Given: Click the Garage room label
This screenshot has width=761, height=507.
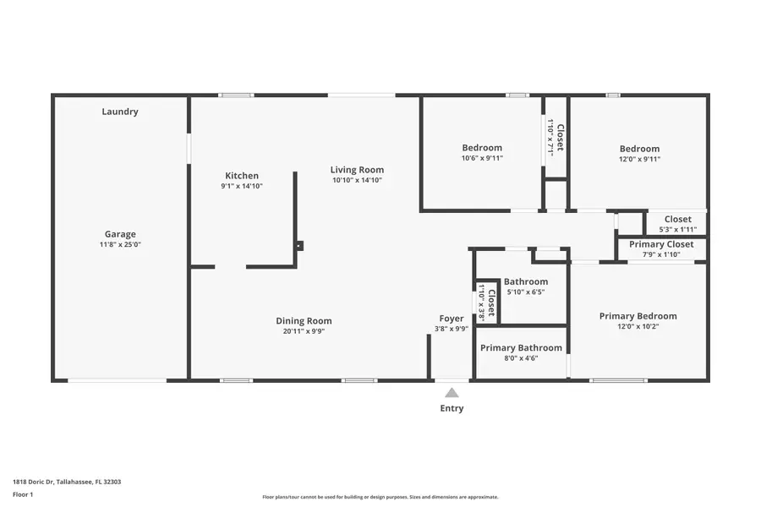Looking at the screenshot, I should [x=120, y=234].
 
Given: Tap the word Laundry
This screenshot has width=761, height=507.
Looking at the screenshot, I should [x=120, y=112].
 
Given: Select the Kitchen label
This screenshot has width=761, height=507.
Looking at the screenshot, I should [x=241, y=176].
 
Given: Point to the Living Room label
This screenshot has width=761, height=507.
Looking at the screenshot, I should [x=357, y=170].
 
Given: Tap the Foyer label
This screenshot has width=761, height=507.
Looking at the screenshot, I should [x=452, y=319].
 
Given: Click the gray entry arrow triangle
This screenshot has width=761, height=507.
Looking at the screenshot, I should [x=452, y=392].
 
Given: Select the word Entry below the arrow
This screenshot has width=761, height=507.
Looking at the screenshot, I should [x=452, y=409].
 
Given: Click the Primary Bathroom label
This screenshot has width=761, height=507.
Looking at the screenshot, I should [x=521, y=347].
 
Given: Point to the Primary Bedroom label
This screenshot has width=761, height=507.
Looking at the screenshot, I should [x=638, y=316].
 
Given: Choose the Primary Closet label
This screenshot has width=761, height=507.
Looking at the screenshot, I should [x=661, y=244].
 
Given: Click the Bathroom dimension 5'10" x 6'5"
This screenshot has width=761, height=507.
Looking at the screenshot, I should [x=525, y=292].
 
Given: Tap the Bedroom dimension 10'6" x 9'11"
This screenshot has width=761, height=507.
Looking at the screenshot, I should [x=482, y=158].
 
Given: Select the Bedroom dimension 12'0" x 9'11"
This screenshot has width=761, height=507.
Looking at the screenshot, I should [x=639, y=159].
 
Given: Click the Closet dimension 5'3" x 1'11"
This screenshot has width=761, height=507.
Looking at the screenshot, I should [x=677, y=230].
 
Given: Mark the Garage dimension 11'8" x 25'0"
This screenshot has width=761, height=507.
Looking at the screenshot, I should [x=120, y=245].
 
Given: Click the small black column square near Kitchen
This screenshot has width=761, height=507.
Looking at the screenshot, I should [x=298, y=246].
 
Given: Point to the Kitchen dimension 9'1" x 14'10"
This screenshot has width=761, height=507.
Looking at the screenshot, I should [x=242, y=186].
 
